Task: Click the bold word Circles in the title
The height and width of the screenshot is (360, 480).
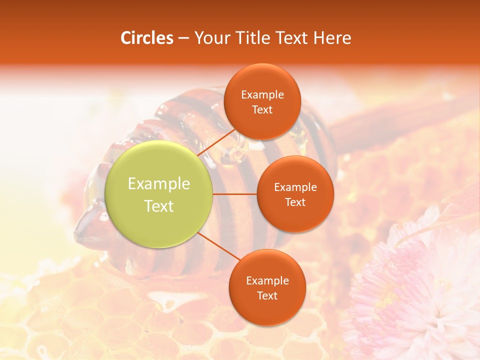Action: [147, 38]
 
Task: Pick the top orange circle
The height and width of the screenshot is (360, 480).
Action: [262, 80]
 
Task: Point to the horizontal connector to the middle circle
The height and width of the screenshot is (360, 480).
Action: [235, 194]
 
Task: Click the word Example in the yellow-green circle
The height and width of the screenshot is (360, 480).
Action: [159, 184]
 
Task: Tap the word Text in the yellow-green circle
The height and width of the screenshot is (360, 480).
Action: [159, 206]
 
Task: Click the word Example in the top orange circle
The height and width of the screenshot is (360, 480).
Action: [262, 94]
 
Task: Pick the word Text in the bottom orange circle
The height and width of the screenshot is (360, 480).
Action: [267, 295]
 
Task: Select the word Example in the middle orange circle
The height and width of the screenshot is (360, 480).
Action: [295, 187]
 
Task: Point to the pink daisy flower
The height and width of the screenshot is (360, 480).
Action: [420, 295]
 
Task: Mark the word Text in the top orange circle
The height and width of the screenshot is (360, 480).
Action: [262, 110]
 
